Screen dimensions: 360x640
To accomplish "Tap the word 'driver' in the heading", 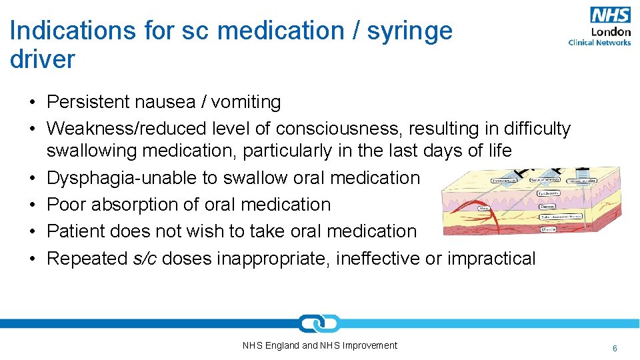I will click(x=43, y=59).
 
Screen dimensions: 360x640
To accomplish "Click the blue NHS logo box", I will click(x=610, y=15).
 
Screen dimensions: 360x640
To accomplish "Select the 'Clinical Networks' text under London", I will click(x=599, y=43).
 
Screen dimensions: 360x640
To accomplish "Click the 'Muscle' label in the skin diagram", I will click(x=549, y=229).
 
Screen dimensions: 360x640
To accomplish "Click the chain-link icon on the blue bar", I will click(x=319, y=324).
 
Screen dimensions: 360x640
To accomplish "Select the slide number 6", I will click(x=615, y=348).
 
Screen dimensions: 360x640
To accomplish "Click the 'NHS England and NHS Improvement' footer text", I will click(x=320, y=345).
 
